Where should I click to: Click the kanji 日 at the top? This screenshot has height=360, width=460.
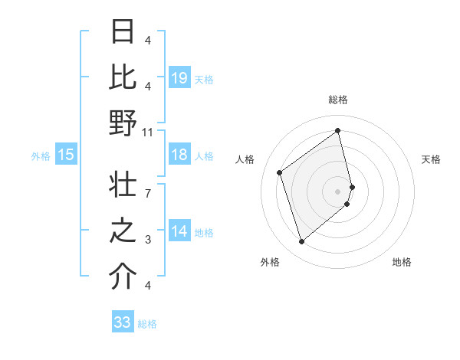[x=123, y=32]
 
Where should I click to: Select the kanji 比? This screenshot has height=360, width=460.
[x=123, y=77]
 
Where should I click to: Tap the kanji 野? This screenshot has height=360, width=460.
[x=123, y=123]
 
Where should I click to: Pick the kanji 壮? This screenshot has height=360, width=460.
[x=123, y=186]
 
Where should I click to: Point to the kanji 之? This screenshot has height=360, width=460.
[x=123, y=231]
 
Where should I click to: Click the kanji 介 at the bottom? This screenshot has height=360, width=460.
[x=123, y=277]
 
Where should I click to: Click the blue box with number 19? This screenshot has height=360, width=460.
[x=179, y=78]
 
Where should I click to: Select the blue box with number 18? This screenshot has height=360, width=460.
[x=179, y=155]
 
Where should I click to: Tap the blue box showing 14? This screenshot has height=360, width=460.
[x=179, y=232]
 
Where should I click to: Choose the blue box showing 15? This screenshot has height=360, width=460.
[x=66, y=155]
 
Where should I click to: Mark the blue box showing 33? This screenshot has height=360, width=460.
[x=123, y=322]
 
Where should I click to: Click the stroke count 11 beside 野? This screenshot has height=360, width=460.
[x=148, y=132]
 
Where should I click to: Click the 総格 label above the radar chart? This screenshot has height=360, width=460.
[x=338, y=100]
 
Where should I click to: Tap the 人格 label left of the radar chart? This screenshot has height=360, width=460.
[x=245, y=159]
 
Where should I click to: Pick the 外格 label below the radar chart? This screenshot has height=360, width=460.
[x=270, y=262]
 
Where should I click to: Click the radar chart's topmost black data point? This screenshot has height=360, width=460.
[x=338, y=131]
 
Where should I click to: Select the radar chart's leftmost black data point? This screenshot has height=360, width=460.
[x=280, y=172]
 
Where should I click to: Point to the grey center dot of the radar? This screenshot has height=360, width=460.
[x=338, y=190]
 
